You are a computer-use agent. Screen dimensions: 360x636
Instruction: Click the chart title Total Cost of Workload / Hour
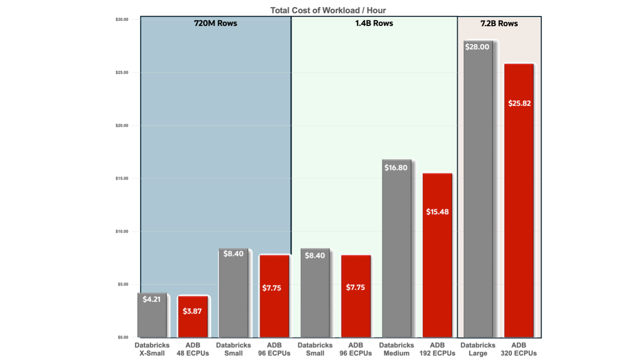pyautogui.click(x=328, y=10)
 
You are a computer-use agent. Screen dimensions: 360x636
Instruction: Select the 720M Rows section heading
pyautogui.click(x=215, y=24)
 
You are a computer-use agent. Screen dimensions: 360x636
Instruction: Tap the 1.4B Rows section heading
pyautogui.click(x=374, y=24)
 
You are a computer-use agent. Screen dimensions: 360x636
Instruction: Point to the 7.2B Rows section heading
pyautogui.click(x=499, y=24)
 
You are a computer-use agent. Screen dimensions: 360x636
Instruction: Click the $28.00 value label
pyautogui.click(x=477, y=47)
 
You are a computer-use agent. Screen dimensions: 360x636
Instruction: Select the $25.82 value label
pyautogui.click(x=519, y=103)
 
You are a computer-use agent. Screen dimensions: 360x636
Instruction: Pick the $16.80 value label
pyautogui.click(x=395, y=168)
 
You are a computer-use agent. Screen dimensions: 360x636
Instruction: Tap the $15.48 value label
pyautogui.click(x=437, y=212)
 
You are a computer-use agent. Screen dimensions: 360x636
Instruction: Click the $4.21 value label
pyautogui.click(x=151, y=299)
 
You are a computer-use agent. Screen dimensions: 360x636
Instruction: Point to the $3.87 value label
pyautogui.click(x=192, y=311)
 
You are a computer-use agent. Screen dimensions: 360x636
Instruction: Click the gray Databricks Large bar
pyautogui.click(x=478, y=200)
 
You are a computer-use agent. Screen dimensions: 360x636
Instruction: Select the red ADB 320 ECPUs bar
pyautogui.click(x=519, y=222)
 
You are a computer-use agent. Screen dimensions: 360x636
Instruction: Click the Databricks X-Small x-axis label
pyautogui.click(x=152, y=349)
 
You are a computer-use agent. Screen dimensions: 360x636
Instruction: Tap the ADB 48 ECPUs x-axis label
pyautogui.click(x=193, y=349)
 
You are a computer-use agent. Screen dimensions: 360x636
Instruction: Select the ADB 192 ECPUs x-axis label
pyautogui.click(x=437, y=349)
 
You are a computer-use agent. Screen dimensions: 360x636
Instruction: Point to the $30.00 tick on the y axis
pyautogui.click(x=122, y=20)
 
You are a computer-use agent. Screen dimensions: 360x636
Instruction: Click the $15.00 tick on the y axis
pyautogui.click(x=122, y=178)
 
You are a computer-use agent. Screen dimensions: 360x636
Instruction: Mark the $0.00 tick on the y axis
pyautogui.click(x=123, y=337)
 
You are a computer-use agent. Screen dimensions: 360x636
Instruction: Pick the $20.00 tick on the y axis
pyautogui.click(x=122, y=125)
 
